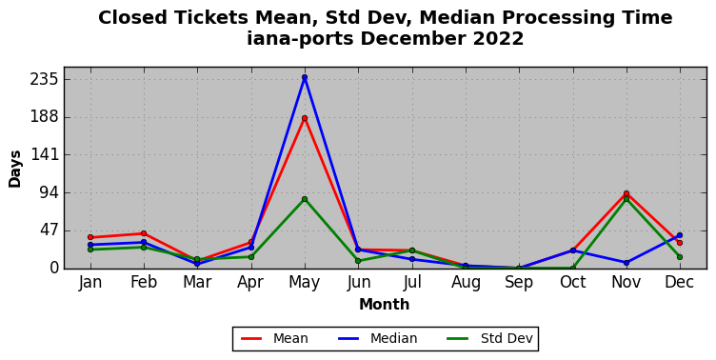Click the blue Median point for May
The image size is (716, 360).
(x=305, y=77)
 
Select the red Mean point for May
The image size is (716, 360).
(x=305, y=118)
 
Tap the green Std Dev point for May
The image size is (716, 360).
(x=305, y=199)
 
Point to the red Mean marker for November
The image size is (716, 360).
(x=626, y=193)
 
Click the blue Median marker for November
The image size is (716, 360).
(x=626, y=263)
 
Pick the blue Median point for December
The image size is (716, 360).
(x=680, y=235)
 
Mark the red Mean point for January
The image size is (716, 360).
(x=90, y=237)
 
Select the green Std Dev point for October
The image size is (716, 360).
(x=573, y=269)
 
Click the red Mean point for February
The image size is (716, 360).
(x=144, y=233)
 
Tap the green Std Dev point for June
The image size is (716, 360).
(x=358, y=261)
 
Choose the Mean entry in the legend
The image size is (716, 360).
(x=274, y=338)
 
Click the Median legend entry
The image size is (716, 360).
(x=378, y=338)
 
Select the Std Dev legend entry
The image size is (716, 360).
(x=490, y=338)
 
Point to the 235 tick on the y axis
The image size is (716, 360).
(x=45, y=79)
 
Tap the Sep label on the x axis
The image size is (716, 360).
(x=519, y=282)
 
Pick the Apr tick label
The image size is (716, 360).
(x=250, y=282)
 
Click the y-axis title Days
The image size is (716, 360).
(x=14, y=169)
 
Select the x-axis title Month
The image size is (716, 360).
(x=385, y=304)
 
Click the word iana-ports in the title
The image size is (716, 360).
(x=301, y=38)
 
